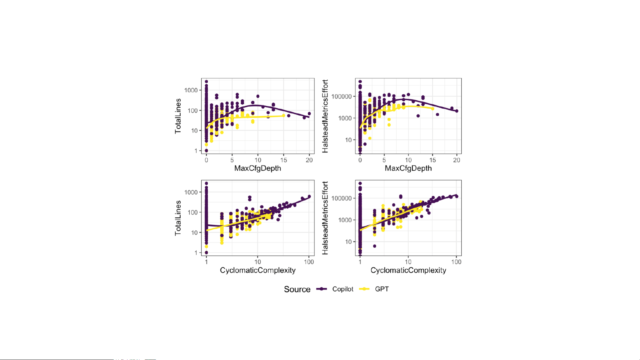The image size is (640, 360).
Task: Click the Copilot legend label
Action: pyautogui.click(x=342, y=289)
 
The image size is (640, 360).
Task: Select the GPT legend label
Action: pyautogui.click(x=382, y=289)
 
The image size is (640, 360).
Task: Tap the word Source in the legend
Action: pyautogui.click(x=297, y=289)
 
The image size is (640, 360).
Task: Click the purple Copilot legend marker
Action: pyautogui.click(x=321, y=289)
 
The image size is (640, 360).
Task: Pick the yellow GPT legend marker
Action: pyautogui.click(x=364, y=289)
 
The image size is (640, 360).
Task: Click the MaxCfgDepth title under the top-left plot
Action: pyautogui.click(x=258, y=169)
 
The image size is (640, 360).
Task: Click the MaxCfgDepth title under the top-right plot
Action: pyautogui.click(x=408, y=169)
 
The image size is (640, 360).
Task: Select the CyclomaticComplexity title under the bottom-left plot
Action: pyautogui.click(x=258, y=270)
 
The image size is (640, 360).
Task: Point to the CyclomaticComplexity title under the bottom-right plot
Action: pyautogui.click(x=408, y=270)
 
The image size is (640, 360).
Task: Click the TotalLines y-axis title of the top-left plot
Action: pyautogui.click(x=178, y=116)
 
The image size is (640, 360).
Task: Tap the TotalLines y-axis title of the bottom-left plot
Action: pyautogui.click(x=178, y=218)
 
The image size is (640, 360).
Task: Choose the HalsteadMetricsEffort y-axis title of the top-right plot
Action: pyautogui.click(x=325, y=116)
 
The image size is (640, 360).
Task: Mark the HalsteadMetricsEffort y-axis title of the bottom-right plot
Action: pyautogui.click(x=325, y=218)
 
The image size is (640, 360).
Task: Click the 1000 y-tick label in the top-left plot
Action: pyautogui.click(x=191, y=90)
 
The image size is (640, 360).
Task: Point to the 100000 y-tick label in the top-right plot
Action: pyautogui.click(x=341, y=97)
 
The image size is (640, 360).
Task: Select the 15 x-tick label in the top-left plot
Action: pyautogui.click(x=284, y=160)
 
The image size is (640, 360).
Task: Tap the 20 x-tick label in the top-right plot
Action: pyautogui.click(x=456, y=160)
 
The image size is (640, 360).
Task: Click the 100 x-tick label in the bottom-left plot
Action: pyautogui.click(x=309, y=262)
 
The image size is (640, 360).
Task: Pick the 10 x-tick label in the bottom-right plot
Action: pyautogui.click(x=408, y=262)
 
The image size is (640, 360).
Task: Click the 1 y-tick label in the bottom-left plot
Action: pyautogui.click(x=196, y=253)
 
